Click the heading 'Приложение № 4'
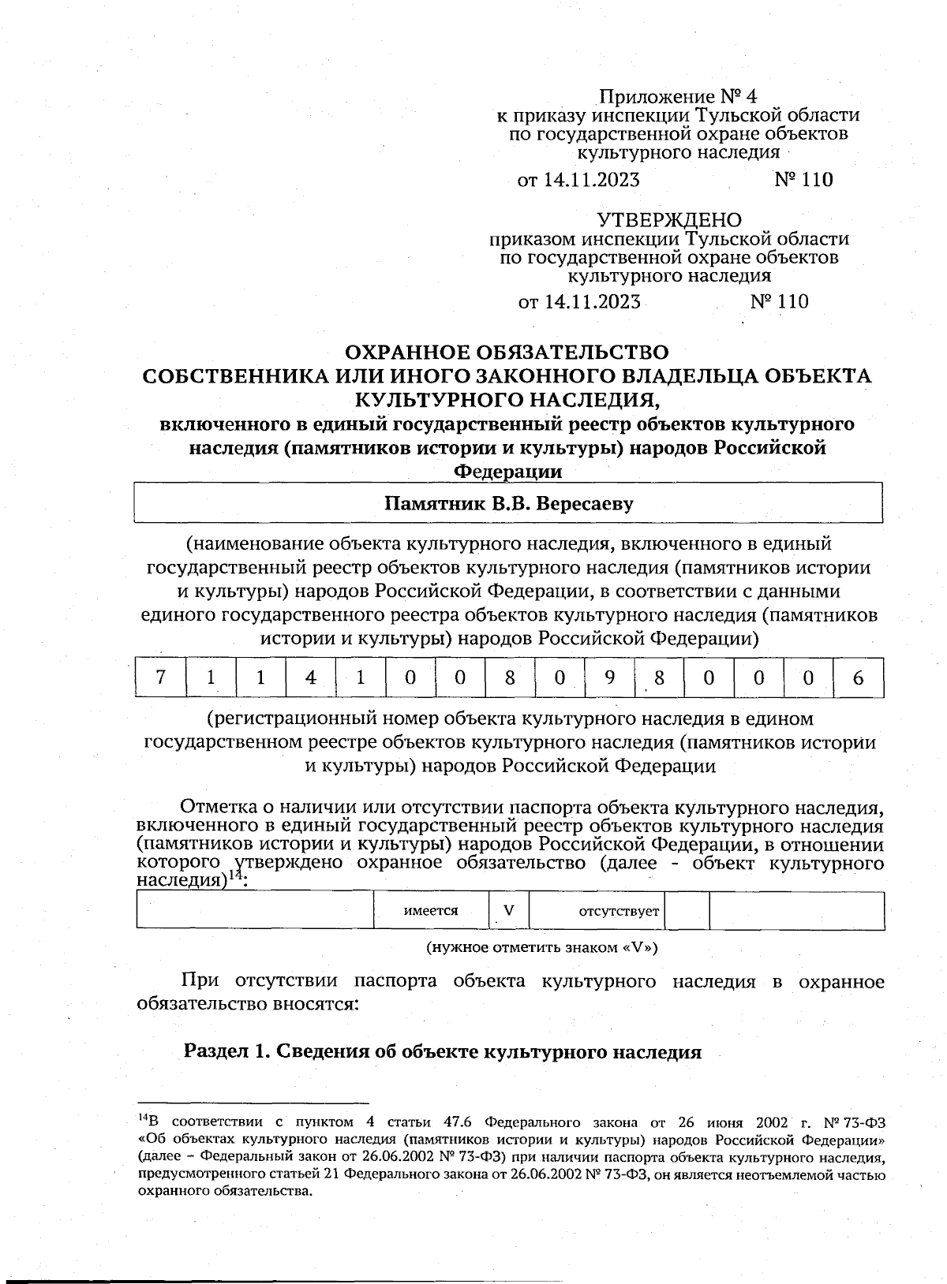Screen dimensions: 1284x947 point(677,97)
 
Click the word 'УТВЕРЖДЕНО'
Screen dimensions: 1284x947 point(668,220)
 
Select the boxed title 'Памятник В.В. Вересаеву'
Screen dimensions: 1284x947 point(508,503)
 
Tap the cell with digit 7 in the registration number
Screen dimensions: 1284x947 point(161,678)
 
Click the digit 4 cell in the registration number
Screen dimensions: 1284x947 point(311,678)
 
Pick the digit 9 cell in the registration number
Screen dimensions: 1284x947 point(609,678)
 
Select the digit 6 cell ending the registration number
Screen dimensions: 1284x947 point(859,678)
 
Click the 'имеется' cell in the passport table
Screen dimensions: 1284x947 point(431,911)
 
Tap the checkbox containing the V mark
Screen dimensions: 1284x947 point(509,911)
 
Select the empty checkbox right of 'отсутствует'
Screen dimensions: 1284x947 point(687,911)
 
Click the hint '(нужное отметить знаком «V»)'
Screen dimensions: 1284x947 point(541,947)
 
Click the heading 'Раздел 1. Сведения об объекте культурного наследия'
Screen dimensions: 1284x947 point(443,1052)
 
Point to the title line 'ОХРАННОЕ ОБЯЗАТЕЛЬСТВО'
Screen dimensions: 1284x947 point(508,352)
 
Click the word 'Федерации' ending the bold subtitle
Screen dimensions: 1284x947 point(508,472)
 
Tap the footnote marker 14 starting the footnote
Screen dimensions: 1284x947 point(143,1118)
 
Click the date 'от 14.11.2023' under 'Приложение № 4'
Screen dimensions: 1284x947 point(578,180)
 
